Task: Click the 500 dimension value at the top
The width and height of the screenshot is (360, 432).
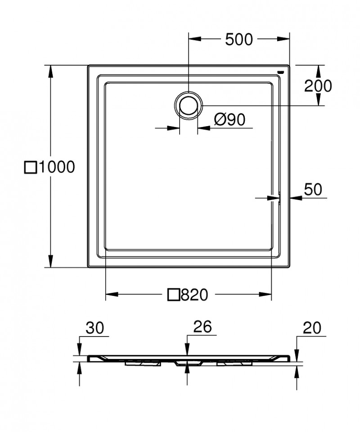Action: [238, 40]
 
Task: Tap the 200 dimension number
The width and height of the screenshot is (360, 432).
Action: [318, 85]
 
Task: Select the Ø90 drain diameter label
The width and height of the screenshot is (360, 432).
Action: [229, 119]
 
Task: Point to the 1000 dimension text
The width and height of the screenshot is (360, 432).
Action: [56, 168]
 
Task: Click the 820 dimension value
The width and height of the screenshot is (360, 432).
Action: [194, 295]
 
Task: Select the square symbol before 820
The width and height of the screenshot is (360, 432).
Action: [174, 295]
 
